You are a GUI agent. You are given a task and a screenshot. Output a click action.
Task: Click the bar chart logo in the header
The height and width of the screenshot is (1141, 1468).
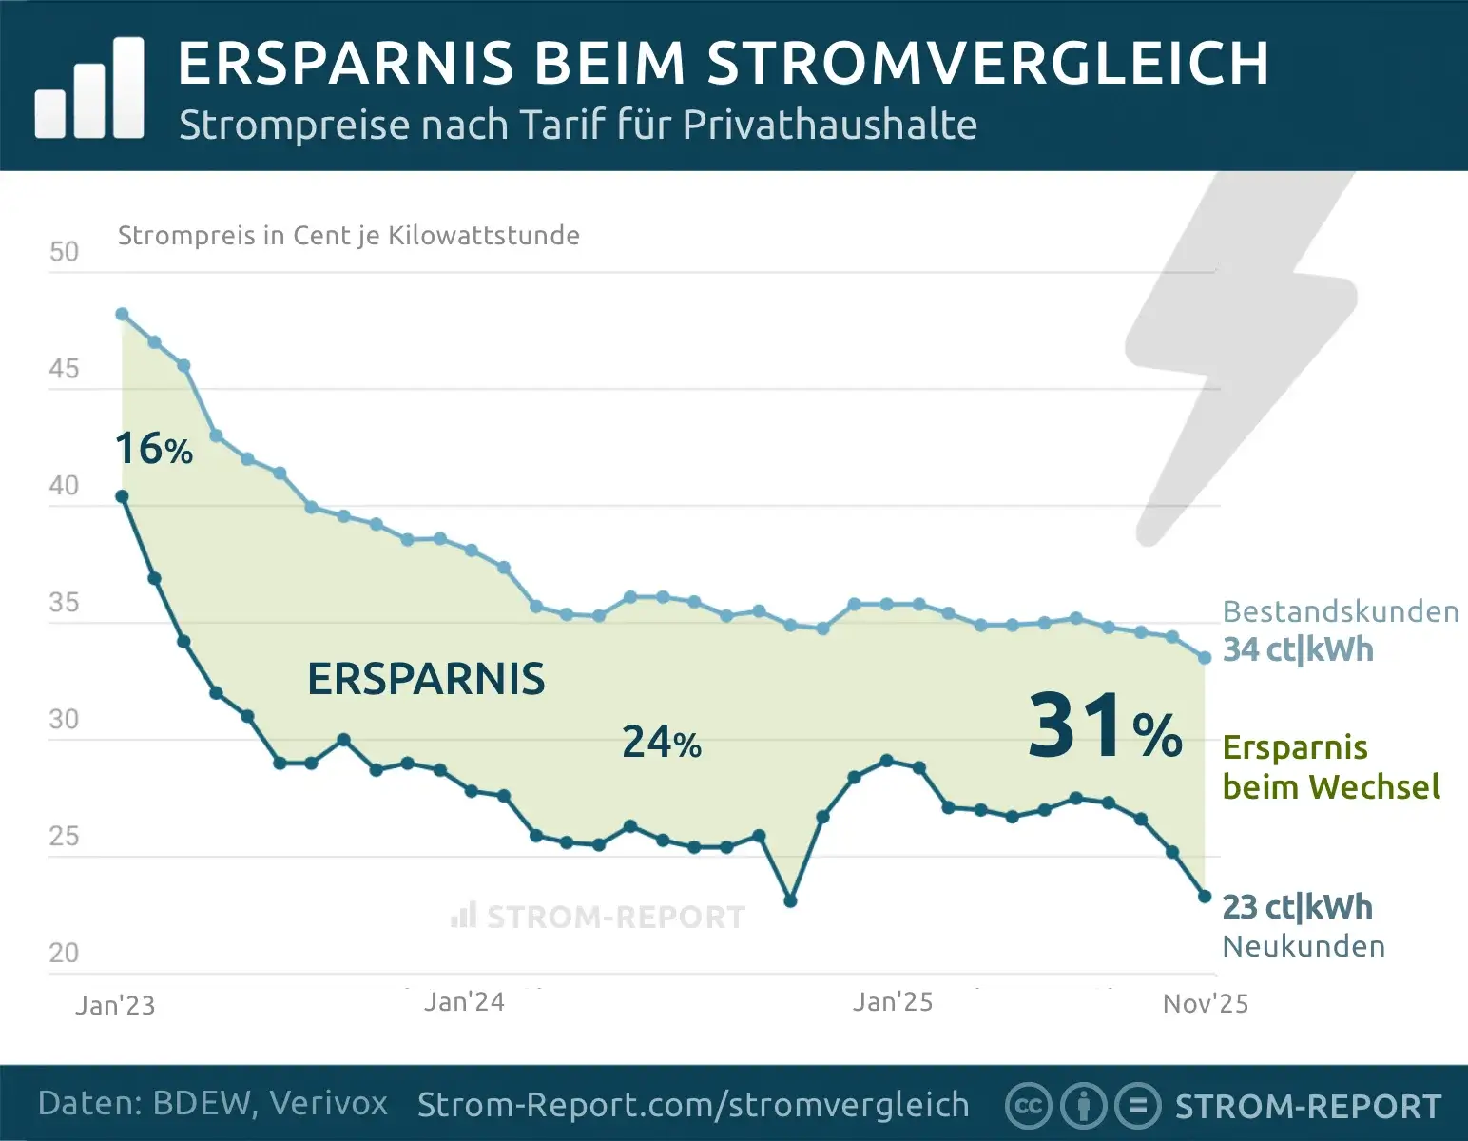pyautogui.click(x=89, y=89)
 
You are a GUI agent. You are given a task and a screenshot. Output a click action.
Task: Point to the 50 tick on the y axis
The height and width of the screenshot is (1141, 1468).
pyautogui.click(x=64, y=252)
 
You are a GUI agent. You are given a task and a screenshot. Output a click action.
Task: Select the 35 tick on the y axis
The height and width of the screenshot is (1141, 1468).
pyautogui.click(x=64, y=603)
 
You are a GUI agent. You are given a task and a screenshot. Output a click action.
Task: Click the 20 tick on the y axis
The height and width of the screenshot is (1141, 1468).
pyautogui.click(x=64, y=953)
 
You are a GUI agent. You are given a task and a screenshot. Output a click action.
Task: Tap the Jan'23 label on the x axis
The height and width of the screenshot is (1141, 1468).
pyautogui.click(x=115, y=1005)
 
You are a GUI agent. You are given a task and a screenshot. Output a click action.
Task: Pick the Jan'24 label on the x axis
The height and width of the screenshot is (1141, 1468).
pyautogui.click(x=464, y=1002)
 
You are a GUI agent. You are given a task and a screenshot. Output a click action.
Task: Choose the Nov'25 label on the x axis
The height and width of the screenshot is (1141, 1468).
pyautogui.click(x=1205, y=1004)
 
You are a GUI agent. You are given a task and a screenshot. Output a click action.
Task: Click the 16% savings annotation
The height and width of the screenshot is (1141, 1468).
pyautogui.click(x=153, y=449)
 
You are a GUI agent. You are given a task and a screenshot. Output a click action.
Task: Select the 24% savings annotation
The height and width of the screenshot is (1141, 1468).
pyautogui.click(x=661, y=743)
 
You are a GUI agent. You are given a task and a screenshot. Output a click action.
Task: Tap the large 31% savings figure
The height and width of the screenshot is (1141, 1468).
pyautogui.click(x=1104, y=727)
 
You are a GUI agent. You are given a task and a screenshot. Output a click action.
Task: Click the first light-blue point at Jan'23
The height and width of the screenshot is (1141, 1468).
pyautogui.click(x=122, y=315)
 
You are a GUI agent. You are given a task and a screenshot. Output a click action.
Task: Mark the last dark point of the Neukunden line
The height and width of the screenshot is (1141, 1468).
pyautogui.click(x=1205, y=897)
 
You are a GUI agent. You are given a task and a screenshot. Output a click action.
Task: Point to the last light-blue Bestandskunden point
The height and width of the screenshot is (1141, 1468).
pyautogui.click(x=1205, y=658)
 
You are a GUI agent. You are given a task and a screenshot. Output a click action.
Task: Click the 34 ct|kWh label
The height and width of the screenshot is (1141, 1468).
pyautogui.click(x=1298, y=650)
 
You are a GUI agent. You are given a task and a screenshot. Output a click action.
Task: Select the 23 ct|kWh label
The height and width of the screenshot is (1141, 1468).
pyautogui.click(x=1297, y=907)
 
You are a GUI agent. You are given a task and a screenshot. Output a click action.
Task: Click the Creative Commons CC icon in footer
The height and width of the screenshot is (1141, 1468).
pyautogui.click(x=1028, y=1106)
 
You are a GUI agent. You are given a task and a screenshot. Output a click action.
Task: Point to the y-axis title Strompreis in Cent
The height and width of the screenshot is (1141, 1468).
pyautogui.click(x=348, y=236)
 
